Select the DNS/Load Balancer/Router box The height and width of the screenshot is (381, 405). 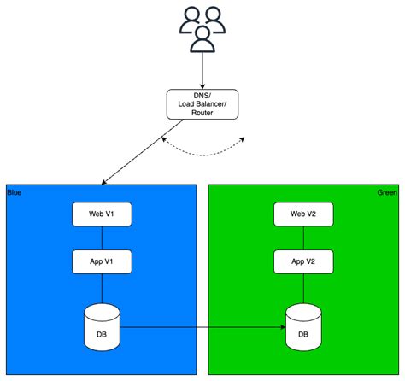click(202, 105)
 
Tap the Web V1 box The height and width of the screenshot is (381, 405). click(102, 214)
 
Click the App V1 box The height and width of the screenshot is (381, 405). click(102, 261)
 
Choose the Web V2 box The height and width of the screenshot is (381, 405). click(303, 214)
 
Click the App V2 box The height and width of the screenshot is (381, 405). click(303, 261)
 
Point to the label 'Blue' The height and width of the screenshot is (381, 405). click(14, 192)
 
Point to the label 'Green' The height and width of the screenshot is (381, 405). click(386, 192)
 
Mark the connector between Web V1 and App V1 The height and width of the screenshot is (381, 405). click(102, 237)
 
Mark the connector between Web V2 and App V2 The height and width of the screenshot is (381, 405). click(303, 237)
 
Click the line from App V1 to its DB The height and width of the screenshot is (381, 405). click(102, 288)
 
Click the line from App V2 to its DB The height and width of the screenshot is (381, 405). click(303, 288)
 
